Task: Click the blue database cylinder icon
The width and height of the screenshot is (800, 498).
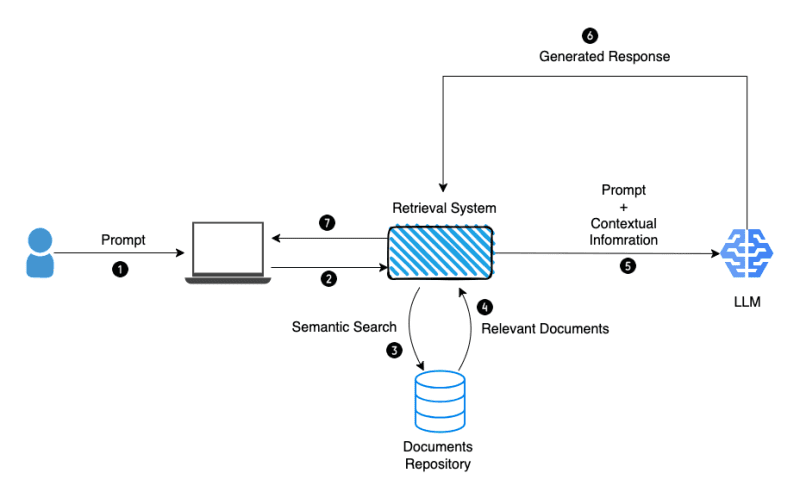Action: coord(441,401)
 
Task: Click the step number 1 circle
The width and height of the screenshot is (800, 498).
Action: coord(120,269)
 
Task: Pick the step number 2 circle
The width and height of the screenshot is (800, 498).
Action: coord(329,279)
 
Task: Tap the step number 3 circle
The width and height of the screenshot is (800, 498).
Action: coord(394,350)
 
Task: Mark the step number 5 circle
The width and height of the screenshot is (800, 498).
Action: coord(628,266)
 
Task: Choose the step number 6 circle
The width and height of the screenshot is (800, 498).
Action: coord(590,36)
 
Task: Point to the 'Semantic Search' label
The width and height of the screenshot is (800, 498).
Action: coord(344,327)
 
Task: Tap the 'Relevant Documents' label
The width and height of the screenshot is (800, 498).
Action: coord(545,327)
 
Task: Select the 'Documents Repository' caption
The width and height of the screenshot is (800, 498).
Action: coord(437,455)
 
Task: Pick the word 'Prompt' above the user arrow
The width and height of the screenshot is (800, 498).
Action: coord(123,240)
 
